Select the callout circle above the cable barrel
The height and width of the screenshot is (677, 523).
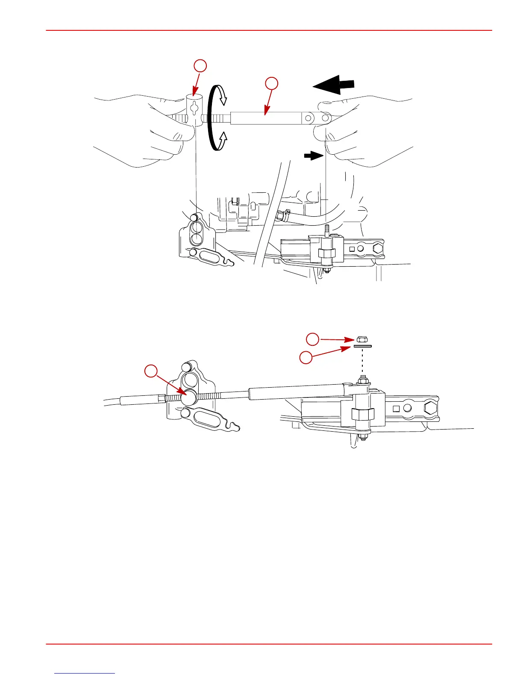pos(200,66)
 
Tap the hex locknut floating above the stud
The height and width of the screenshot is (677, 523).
pos(361,339)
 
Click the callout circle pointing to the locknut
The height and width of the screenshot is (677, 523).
pos(313,339)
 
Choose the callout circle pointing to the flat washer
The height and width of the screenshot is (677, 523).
pos(306,357)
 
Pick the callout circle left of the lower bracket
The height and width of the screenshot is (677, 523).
pos(150,371)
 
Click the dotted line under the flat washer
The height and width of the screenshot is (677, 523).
pos(362,361)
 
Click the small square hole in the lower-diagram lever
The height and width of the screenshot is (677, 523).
pos(396,408)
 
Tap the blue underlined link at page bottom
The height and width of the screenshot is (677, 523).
pos(85,673)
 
